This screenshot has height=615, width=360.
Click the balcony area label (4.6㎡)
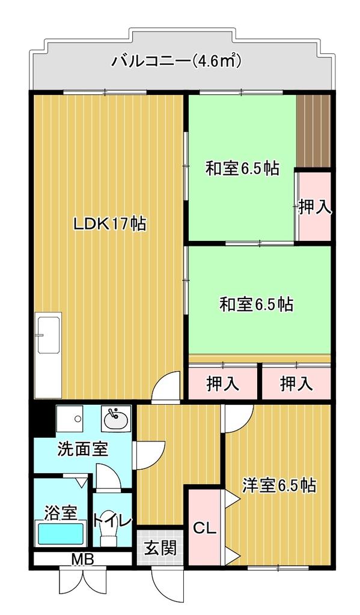click(x=216, y=61)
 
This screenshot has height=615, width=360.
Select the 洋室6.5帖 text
click(x=279, y=486)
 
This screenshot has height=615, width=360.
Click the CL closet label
click(x=205, y=530)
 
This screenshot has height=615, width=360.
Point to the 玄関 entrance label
click(x=160, y=548)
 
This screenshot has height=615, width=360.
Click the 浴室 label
click(x=60, y=512)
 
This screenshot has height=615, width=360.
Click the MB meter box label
click(x=82, y=559)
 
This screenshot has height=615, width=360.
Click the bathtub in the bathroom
click(x=61, y=533)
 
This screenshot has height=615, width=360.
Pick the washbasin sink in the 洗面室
click(x=115, y=419)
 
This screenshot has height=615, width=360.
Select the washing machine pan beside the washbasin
click(x=70, y=419)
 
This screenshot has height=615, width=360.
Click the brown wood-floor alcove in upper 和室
click(x=313, y=130)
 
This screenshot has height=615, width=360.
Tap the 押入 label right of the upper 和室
click(x=315, y=207)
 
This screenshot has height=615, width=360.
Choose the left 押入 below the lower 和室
click(x=223, y=384)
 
